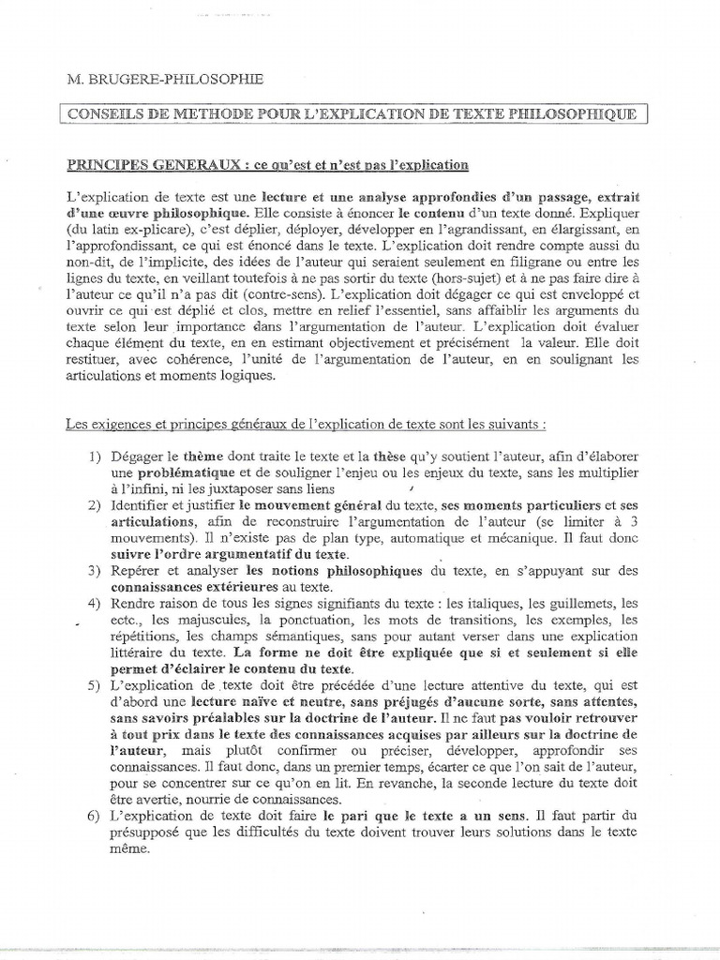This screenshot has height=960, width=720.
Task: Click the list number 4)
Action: [x=95, y=602]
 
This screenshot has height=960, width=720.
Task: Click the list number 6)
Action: [x=95, y=816]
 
